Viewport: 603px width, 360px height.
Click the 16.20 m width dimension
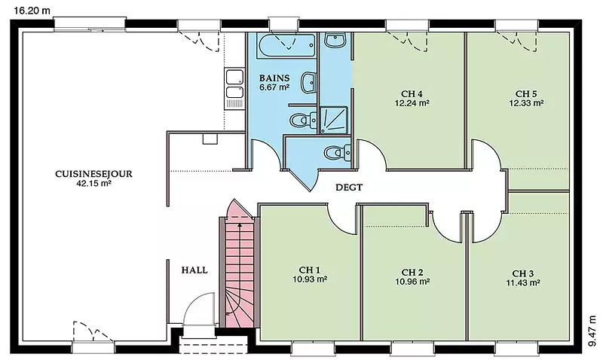[32, 11]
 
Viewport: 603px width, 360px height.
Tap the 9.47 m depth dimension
[592, 331]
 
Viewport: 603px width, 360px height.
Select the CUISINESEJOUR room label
[93, 174]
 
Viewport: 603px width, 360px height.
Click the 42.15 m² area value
[93, 183]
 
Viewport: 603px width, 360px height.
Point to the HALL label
[194, 270]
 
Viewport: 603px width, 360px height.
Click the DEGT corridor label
[349, 188]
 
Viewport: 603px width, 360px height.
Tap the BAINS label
[274, 78]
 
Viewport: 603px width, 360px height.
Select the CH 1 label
[310, 270]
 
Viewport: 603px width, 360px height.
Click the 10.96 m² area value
[412, 282]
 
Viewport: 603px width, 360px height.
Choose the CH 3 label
[523, 273]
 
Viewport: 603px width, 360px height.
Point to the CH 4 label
[412, 93]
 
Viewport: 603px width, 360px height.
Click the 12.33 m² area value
[526, 103]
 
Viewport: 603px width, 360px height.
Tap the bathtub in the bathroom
[286, 46]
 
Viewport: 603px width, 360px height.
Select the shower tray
[334, 121]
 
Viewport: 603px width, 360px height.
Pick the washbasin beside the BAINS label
[308, 82]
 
